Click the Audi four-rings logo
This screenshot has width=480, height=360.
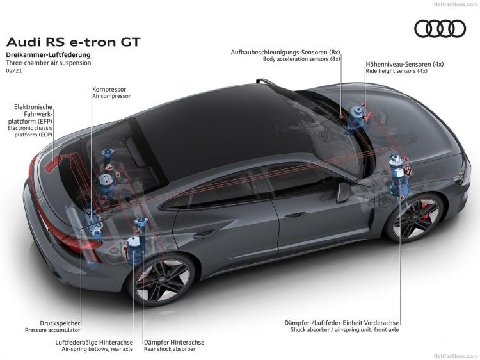click(x=440, y=29)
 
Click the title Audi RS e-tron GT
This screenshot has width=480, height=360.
click(x=73, y=42)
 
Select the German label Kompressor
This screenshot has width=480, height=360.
click(x=109, y=90)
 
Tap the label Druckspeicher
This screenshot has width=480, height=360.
click(x=60, y=323)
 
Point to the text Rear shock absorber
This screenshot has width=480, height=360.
click(x=170, y=349)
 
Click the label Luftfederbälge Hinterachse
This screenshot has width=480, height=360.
click(x=94, y=342)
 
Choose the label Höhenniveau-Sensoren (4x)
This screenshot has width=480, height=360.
click(x=404, y=64)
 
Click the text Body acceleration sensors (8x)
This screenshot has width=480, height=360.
click(x=301, y=59)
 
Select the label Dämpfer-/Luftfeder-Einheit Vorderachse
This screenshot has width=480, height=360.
click(x=342, y=323)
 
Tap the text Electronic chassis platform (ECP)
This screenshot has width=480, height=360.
click(x=30, y=131)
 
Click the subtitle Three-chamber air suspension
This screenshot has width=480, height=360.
click(x=49, y=63)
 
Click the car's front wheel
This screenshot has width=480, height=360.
click(x=415, y=217)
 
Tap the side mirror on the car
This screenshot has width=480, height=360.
click(x=343, y=192)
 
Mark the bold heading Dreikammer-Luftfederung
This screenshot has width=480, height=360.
click(x=49, y=55)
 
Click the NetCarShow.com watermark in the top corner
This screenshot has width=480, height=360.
click(x=456, y=4)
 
